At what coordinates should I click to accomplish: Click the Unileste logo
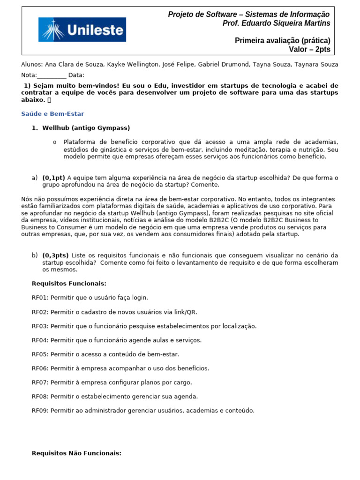tap(82, 30)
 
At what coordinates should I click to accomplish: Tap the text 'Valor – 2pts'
tap(309, 49)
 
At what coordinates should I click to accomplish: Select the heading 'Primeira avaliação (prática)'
tap(282, 41)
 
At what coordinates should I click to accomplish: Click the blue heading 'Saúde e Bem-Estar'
tap(52, 114)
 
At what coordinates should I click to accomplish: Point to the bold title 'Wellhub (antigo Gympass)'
tap(86, 128)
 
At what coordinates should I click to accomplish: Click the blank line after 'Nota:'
tap(52, 75)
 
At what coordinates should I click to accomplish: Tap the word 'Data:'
tap(76, 75)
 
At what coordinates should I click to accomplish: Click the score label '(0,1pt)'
tap(53, 178)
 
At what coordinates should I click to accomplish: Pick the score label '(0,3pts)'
tap(55, 255)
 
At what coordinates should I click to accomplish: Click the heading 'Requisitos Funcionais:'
tap(69, 284)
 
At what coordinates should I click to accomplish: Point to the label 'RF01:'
tap(40, 298)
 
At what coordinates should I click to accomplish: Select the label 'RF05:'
tap(40, 354)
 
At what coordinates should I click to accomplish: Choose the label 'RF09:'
tap(40, 411)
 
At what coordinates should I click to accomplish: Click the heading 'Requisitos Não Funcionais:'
tap(76, 453)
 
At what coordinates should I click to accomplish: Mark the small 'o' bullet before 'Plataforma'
tap(55, 142)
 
